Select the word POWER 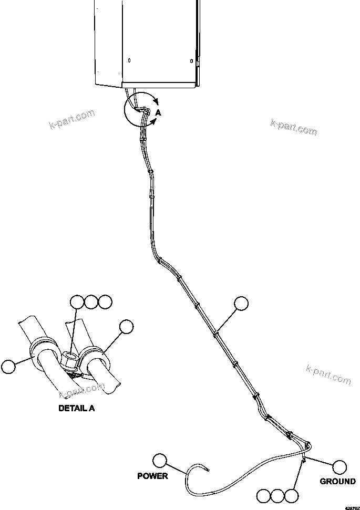(152, 476)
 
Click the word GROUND (338, 481)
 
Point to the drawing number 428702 (352, 507)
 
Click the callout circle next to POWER (159, 461)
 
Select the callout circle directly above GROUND (340, 466)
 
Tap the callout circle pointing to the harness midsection (241, 303)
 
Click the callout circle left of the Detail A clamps (9, 366)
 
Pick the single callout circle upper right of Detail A (126, 327)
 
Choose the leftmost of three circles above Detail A (77, 302)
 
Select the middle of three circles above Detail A (91, 302)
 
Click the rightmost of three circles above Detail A (105, 302)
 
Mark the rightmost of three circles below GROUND (291, 495)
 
